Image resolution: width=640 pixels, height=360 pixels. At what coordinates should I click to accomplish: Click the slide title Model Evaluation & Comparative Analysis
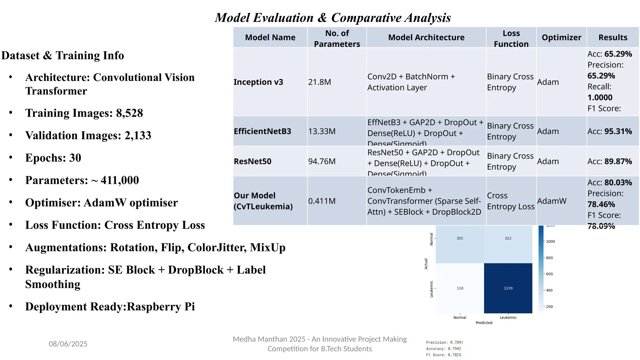click(x=333, y=18)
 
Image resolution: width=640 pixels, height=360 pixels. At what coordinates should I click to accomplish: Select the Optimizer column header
click(x=561, y=37)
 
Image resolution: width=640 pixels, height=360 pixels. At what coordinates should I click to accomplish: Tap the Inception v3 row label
click(x=258, y=82)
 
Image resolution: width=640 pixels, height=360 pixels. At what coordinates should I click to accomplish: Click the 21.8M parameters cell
click(x=319, y=82)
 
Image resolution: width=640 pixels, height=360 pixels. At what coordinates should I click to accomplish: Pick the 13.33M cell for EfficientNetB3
click(x=322, y=131)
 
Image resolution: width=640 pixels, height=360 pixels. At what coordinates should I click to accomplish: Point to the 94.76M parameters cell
click(x=322, y=161)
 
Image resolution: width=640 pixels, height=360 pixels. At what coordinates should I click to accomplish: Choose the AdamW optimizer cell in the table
click(x=552, y=201)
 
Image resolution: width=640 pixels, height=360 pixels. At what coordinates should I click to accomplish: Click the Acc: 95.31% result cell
click(x=609, y=131)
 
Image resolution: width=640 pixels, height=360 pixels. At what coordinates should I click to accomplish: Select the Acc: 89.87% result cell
click(x=609, y=161)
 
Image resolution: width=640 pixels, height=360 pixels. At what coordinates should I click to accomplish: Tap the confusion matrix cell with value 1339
click(x=508, y=288)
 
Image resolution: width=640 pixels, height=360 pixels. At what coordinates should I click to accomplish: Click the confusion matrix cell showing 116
click(x=460, y=288)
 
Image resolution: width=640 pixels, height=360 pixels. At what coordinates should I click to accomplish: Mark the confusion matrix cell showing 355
click(x=460, y=238)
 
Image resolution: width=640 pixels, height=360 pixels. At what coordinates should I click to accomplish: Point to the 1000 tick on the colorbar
click(x=550, y=242)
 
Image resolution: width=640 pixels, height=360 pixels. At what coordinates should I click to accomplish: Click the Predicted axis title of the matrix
click(x=484, y=323)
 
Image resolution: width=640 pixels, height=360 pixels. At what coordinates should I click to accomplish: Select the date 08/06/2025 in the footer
click(x=68, y=344)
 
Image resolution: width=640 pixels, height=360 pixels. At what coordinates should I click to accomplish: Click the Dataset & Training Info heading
click(x=62, y=55)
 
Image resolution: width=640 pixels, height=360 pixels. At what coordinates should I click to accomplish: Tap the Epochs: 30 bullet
click(x=53, y=158)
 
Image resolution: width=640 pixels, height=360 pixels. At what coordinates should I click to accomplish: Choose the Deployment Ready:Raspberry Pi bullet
click(x=110, y=307)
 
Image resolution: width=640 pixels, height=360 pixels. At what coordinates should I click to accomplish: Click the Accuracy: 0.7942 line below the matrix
click(x=443, y=349)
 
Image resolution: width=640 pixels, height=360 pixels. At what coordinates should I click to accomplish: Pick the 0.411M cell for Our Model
click(x=322, y=201)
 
